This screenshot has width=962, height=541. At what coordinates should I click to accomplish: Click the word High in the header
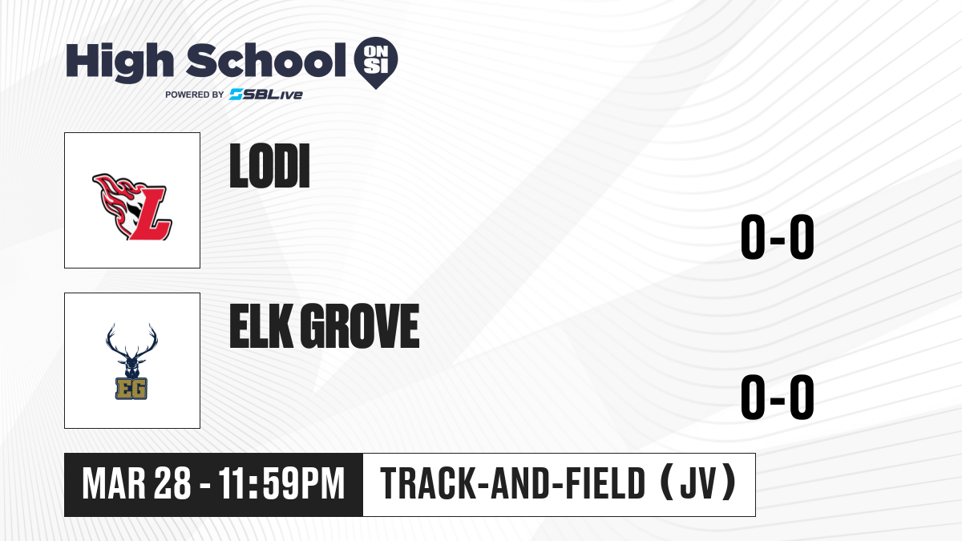click(x=119, y=63)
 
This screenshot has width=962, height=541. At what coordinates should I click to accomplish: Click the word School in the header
click(x=266, y=59)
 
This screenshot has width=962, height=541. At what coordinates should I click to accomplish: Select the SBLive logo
click(x=266, y=95)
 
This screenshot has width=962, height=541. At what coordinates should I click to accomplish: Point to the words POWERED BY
click(x=195, y=95)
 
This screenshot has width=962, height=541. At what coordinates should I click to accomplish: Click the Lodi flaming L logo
click(x=132, y=207)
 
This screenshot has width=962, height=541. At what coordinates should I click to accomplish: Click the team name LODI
click(x=269, y=166)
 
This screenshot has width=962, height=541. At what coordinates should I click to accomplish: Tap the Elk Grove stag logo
click(x=131, y=361)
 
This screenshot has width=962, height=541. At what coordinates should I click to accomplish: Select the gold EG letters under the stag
click(x=131, y=389)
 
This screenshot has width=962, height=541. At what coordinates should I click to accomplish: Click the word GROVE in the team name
click(x=359, y=326)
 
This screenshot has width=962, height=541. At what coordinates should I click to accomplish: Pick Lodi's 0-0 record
click(x=778, y=237)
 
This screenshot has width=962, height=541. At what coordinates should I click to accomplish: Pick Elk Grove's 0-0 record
click(x=778, y=398)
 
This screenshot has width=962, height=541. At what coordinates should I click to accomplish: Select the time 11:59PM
click(x=281, y=484)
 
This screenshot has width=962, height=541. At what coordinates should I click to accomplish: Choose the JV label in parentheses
click(x=698, y=484)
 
